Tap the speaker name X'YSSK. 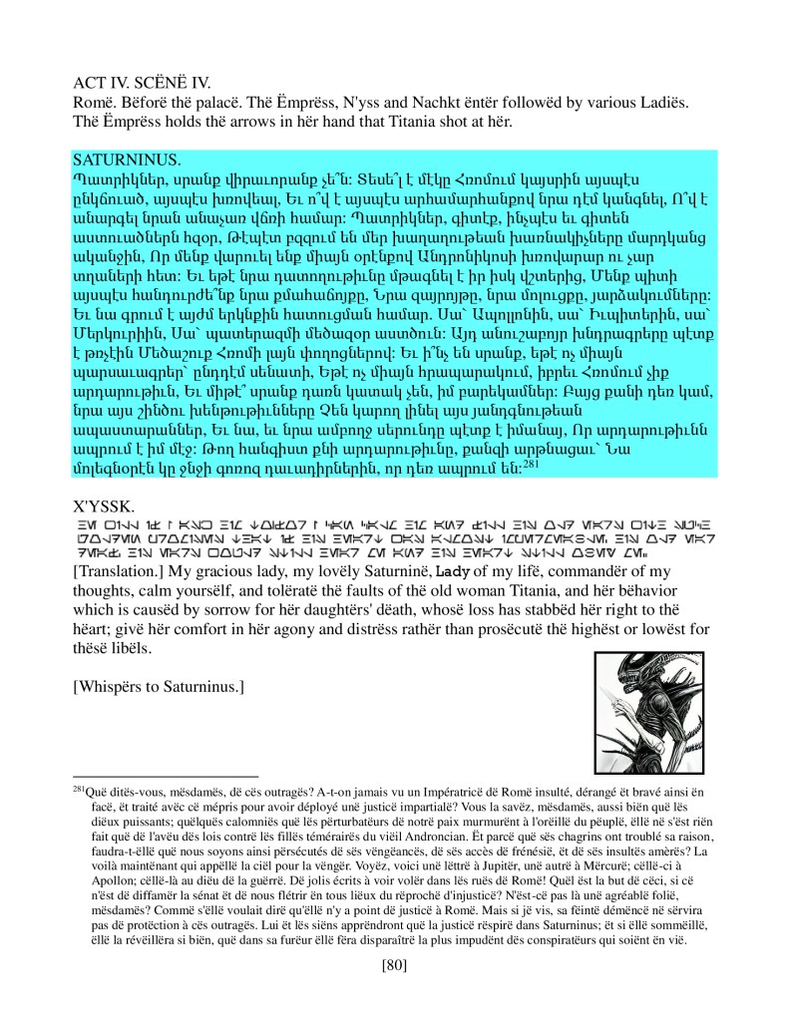coord(103,506)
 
